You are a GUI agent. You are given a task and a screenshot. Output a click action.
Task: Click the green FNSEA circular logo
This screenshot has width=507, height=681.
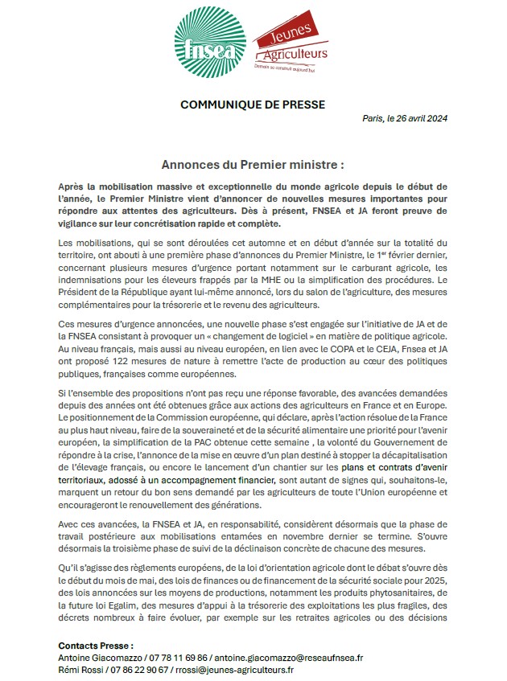(211, 44)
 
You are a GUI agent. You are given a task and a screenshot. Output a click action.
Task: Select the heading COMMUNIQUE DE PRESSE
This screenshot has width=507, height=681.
(253, 105)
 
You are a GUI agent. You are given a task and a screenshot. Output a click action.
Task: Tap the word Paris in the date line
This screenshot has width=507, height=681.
(373, 119)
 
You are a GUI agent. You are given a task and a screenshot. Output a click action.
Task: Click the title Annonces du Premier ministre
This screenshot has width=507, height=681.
(253, 164)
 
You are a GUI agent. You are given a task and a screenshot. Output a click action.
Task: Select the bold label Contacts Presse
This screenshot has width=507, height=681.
(96, 646)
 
